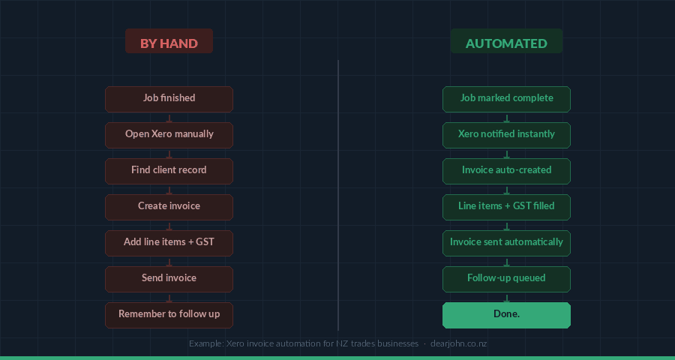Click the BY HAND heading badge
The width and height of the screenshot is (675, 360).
click(x=169, y=42)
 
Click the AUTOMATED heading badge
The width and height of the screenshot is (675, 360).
click(x=506, y=42)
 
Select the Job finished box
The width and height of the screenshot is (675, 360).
click(x=169, y=99)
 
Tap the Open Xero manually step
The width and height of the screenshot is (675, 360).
click(x=169, y=135)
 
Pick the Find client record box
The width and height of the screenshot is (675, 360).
click(x=169, y=171)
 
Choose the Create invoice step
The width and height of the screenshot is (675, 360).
click(x=169, y=207)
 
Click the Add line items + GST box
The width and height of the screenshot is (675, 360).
click(x=169, y=243)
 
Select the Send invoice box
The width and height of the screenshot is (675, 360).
click(x=169, y=279)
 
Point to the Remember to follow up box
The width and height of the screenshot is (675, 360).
click(x=169, y=315)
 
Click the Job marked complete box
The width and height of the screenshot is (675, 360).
click(x=506, y=99)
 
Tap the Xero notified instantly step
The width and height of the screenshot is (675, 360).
click(x=506, y=135)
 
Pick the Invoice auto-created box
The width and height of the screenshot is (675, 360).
click(x=506, y=171)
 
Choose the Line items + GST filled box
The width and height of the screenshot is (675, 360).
click(x=506, y=207)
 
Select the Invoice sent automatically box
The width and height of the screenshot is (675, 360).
click(x=506, y=243)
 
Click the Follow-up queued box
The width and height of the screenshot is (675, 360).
click(x=506, y=279)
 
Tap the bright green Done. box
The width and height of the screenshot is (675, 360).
click(x=506, y=315)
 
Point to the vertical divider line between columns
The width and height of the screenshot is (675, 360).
click(x=338, y=195)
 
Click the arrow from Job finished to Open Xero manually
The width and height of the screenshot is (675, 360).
click(x=169, y=118)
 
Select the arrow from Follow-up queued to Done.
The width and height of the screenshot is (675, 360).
click(x=506, y=298)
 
